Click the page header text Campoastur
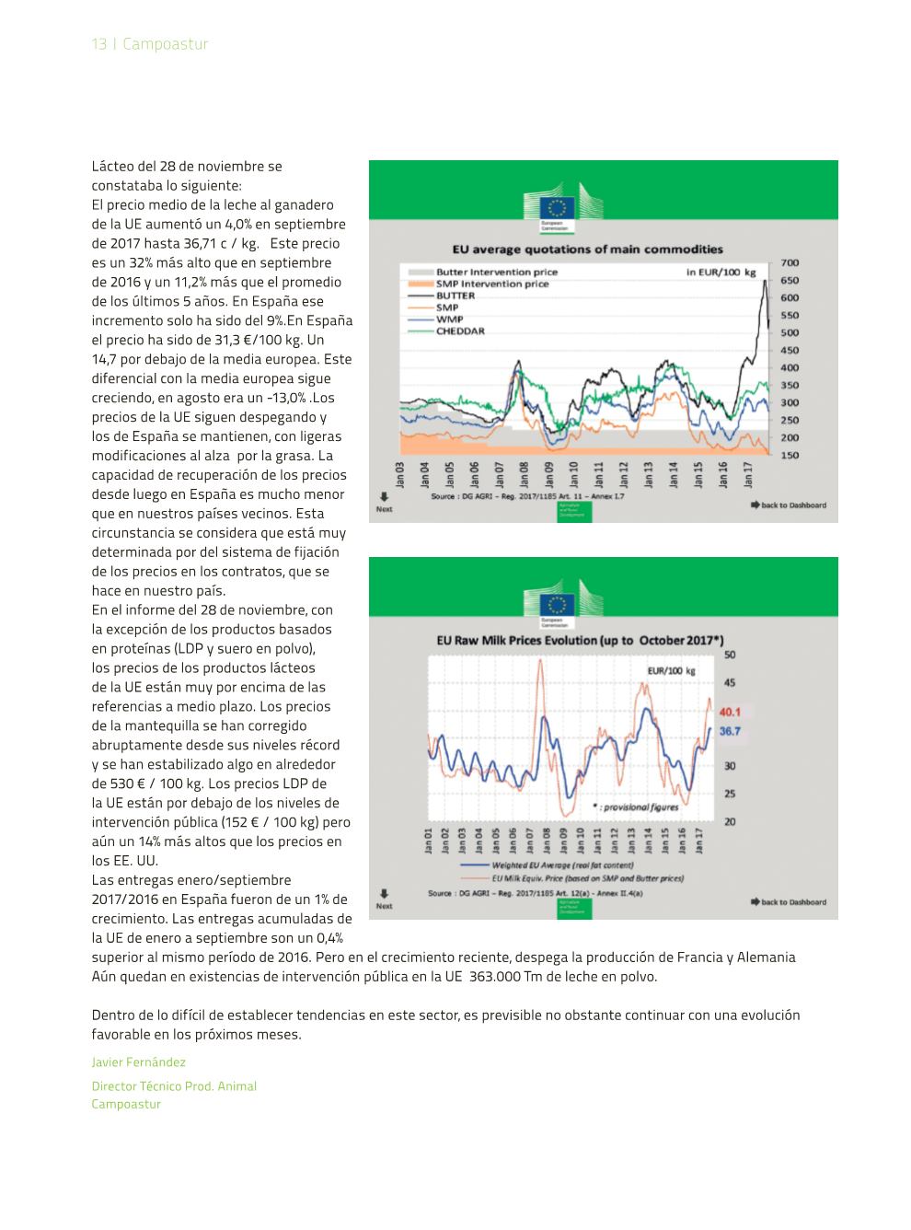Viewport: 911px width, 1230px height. [x=165, y=44]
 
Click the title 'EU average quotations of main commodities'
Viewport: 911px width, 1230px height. [x=587, y=249]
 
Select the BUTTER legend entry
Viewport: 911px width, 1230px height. [x=455, y=296]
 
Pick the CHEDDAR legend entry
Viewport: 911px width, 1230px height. [x=460, y=331]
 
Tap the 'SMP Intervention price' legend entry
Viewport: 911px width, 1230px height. [x=491, y=284]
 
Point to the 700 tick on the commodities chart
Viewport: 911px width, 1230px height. [x=790, y=263]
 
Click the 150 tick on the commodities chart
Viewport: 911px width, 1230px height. [x=790, y=455]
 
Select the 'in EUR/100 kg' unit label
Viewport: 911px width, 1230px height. [x=721, y=273]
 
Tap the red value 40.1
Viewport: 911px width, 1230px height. [x=730, y=712]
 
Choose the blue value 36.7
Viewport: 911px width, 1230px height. [x=730, y=731]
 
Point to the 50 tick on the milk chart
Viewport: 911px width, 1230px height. [x=730, y=655]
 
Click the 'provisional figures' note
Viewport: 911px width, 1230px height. [x=640, y=806]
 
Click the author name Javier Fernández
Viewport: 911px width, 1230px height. [x=138, y=1062]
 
